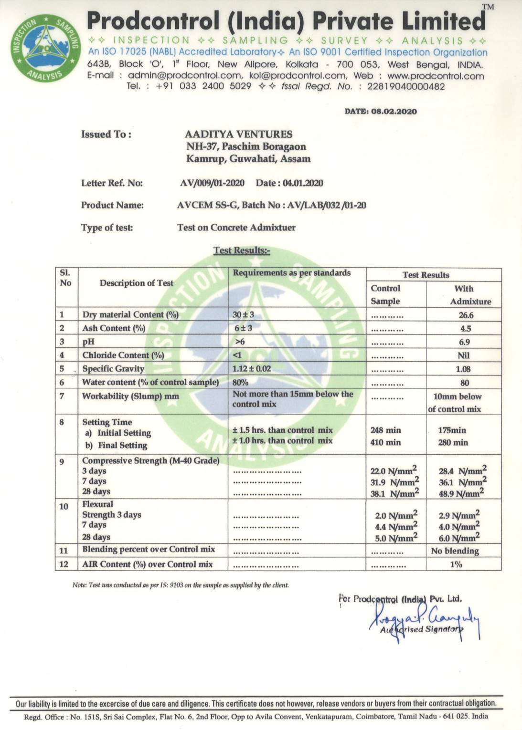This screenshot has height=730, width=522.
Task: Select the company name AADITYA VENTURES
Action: pos(238,135)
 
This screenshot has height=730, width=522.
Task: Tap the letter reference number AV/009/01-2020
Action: pos(212,183)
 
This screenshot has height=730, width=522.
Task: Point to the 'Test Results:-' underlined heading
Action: pos(242,250)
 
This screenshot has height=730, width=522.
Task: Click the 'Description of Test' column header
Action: pos(137,283)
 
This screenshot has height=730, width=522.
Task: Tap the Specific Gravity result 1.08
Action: pos(463,369)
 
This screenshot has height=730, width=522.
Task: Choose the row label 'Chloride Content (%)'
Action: pos(123,355)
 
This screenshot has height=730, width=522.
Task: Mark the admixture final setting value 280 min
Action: pos(453,443)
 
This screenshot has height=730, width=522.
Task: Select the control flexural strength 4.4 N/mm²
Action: pos(395,527)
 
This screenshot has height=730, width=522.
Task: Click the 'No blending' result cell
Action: pos(455,551)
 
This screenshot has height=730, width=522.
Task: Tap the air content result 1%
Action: pos(456,564)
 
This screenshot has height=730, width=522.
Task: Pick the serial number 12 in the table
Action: pos(64,564)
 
